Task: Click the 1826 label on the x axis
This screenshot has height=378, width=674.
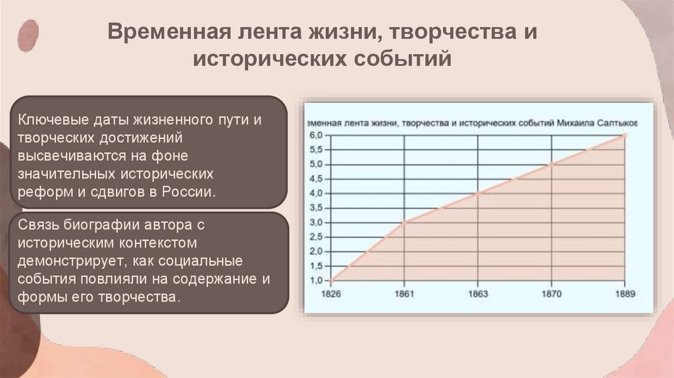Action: click(x=330, y=294)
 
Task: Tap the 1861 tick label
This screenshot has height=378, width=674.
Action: click(x=403, y=294)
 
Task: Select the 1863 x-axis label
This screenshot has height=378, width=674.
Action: click(x=478, y=294)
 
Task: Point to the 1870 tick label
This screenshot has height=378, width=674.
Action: click(x=551, y=294)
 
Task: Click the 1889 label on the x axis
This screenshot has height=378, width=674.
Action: click(x=624, y=294)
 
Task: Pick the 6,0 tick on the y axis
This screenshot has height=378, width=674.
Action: click(x=316, y=135)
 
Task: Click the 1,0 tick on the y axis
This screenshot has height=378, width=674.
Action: click(x=316, y=281)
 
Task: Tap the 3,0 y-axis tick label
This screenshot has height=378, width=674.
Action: click(x=316, y=223)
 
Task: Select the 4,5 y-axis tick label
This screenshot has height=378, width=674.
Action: click(x=316, y=178)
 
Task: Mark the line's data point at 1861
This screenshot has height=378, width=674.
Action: click(x=404, y=222)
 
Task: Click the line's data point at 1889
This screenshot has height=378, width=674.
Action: click(x=625, y=135)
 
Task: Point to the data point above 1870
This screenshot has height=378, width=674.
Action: click(x=552, y=164)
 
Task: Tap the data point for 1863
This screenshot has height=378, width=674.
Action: click(x=478, y=193)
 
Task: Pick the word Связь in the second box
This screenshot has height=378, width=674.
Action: click(x=38, y=224)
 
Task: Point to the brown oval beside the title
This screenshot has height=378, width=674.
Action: click(x=28, y=36)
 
